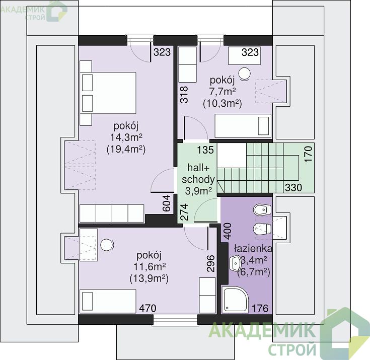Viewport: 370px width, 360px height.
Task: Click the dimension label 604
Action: pos(166,203)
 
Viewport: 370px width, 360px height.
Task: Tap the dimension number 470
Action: pos(147,308)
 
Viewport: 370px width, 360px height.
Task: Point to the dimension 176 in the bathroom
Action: pos(260,308)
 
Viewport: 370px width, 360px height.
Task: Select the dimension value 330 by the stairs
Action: pos(293,187)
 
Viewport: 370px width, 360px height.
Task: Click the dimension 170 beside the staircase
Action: pos(309,154)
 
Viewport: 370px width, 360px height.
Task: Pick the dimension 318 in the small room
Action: pos(184,95)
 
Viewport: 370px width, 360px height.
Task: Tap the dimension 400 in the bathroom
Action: pos(228,231)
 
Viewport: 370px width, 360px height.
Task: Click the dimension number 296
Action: pos(210,263)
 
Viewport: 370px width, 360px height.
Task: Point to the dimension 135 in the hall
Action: pos(205,150)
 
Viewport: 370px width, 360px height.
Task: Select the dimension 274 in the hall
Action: pos(184,212)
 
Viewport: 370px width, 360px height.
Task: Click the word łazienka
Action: pos(253,248)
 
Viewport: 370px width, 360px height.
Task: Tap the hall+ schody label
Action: pos(198,174)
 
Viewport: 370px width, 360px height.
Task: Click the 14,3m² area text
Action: pos(126,137)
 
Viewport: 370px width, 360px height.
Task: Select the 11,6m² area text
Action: pos(150,267)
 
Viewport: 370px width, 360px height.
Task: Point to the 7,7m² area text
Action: pos(223,92)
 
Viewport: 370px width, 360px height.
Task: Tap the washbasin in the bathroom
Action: pos(235,263)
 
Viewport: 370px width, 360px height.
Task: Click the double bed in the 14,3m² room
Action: pos(108,93)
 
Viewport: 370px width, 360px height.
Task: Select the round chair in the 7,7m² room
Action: pos(244,74)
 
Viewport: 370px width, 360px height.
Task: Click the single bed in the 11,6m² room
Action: pos(108,301)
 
